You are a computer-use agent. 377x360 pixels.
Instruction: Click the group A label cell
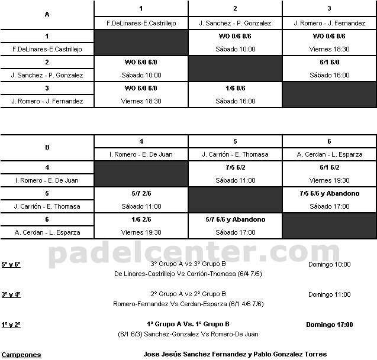[x=47, y=15]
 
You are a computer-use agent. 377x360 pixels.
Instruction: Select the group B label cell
[x=47, y=147]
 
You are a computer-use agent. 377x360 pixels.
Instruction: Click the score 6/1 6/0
[x=329, y=62]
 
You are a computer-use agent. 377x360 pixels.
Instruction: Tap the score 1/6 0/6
[x=236, y=88]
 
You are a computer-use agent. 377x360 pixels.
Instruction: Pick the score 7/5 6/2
[x=236, y=167]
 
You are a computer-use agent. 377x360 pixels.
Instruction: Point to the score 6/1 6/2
[x=329, y=167]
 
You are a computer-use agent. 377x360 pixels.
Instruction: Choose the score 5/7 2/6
[x=141, y=193]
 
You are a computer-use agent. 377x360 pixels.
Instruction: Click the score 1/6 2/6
[x=141, y=219]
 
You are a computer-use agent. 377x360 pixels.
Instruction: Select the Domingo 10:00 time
[x=329, y=264]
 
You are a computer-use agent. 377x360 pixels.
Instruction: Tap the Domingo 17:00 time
[x=329, y=325]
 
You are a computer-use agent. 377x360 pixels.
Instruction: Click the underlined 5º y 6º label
[x=11, y=264]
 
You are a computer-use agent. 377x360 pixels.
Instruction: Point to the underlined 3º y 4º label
[x=11, y=294]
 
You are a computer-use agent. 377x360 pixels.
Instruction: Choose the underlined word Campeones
[x=21, y=355]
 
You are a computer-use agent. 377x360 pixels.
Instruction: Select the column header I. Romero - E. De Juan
[x=141, y=154]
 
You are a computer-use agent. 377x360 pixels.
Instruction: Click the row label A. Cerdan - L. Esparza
[x=47, y=232]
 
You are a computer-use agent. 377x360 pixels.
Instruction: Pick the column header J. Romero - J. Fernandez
[x=329, y=23]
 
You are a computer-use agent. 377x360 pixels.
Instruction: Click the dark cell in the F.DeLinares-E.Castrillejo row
[x=141, y=43]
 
